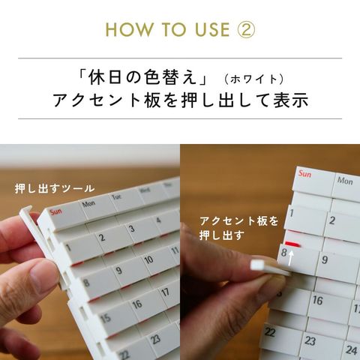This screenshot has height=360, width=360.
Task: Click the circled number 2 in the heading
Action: click(246, 29)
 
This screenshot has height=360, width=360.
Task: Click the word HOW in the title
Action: click(129, 29)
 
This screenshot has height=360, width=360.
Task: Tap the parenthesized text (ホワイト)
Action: click(253, 79)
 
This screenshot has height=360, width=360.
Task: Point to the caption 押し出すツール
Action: click(55, 188)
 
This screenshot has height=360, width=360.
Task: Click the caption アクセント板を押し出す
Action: click(238, 228)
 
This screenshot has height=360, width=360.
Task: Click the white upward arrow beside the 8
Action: click(290, 258)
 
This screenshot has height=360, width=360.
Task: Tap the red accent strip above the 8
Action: click(292, 244)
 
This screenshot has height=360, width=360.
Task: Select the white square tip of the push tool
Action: click(258, 265)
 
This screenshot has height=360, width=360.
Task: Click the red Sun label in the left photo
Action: click(55, 212)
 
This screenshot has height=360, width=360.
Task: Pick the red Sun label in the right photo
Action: click(304, 173)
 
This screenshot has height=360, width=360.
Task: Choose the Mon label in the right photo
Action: click(345, 181)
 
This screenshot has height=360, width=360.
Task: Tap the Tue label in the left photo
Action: click(117, 196)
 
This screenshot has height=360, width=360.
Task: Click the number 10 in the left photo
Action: click(148, 259)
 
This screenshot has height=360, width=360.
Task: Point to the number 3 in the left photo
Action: click(131, 229)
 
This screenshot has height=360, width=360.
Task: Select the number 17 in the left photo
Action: click(165, 292)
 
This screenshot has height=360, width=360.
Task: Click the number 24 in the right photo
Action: click(351, 349)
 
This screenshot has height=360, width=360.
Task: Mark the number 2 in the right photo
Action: click(332, 220)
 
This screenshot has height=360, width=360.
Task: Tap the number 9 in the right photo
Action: click(325, 259)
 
